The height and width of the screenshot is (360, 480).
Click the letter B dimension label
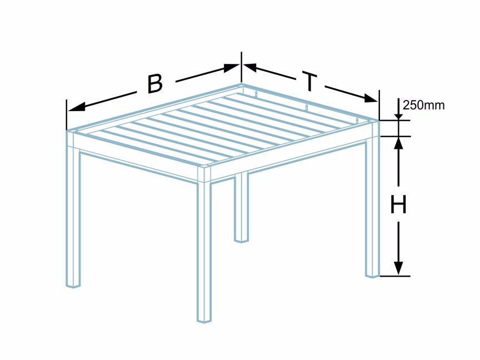[x=155, y=83]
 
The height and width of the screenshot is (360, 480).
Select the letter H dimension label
[x=398, y=204]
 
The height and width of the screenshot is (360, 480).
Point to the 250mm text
[x=423, y=106]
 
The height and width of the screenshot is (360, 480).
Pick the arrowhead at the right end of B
[x=231, y=68]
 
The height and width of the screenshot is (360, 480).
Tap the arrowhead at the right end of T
[x=371, y=98]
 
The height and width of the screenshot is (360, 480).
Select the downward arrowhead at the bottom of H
[x=398, y=268]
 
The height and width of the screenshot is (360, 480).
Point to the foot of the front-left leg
[x=73, y=286]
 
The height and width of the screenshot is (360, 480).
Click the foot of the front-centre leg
[x=204, y=320]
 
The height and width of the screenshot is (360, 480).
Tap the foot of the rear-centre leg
[x=241, y=241]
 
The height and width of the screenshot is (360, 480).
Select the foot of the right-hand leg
[x=373, y=275]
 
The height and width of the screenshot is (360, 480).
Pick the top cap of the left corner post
[x=71, y=132]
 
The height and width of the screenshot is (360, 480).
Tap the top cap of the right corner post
[x=374, y=122]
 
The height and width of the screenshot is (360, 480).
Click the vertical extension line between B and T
[x=242, y=67]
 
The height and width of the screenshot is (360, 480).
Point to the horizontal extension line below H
[x=395, y=276]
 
